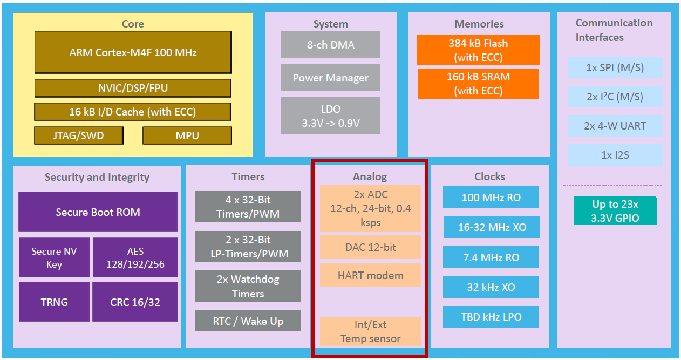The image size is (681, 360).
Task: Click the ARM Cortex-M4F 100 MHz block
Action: (133, 52)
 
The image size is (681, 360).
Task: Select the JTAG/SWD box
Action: (79, 135)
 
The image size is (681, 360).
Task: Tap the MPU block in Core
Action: (187, 135)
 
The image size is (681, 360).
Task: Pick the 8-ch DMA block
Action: (330, 45)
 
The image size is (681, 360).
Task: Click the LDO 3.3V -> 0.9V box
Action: (330, 116)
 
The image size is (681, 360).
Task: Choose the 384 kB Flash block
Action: (478, 50)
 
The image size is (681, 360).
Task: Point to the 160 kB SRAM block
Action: (478, 84)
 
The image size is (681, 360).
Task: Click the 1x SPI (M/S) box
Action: (614, 68)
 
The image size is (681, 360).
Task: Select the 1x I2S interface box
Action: (614, 155)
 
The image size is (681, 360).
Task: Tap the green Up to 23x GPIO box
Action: (615, 211)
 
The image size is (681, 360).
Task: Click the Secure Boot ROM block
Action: (98, 212)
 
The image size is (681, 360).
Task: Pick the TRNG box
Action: (55, 302)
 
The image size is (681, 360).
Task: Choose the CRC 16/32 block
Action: (135, 302)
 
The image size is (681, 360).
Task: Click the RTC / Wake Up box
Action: (248, 321)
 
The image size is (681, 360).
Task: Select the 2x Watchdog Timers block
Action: (248, 286)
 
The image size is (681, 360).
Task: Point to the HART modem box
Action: (371, 275)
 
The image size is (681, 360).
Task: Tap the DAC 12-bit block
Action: (371, 247)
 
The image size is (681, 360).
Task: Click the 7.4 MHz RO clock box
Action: (491, 257)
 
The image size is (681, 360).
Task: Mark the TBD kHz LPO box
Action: (491, 317)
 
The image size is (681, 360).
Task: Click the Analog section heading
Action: (370, 176)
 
